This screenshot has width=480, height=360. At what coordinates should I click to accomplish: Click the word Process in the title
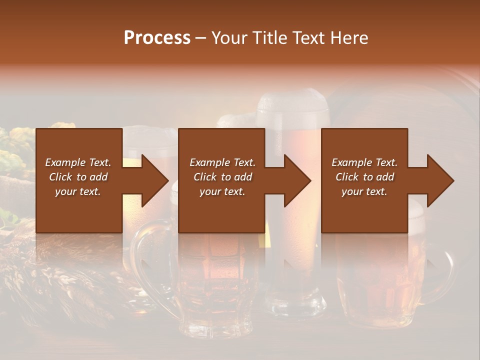(x=157, y=38)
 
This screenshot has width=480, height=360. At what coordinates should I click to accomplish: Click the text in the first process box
(x=78, y=177)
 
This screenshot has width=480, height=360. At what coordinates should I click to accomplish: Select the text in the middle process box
(x=222, y=177)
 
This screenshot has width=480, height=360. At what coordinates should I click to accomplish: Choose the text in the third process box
(x=364, y=177)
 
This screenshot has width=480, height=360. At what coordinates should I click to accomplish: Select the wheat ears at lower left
(x=60, y=280)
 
